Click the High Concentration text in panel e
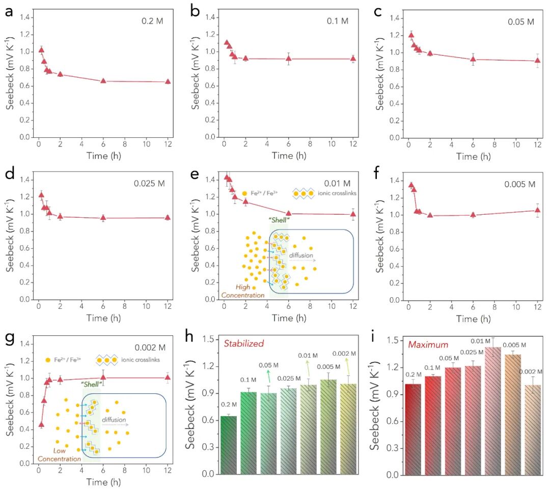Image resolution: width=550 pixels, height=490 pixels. tap(243, 291)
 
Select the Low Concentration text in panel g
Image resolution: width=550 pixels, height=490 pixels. tap(59, 455)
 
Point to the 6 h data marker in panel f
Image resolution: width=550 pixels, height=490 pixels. tap(473, 215)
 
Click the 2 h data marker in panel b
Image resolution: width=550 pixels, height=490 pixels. tap(245, 58)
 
